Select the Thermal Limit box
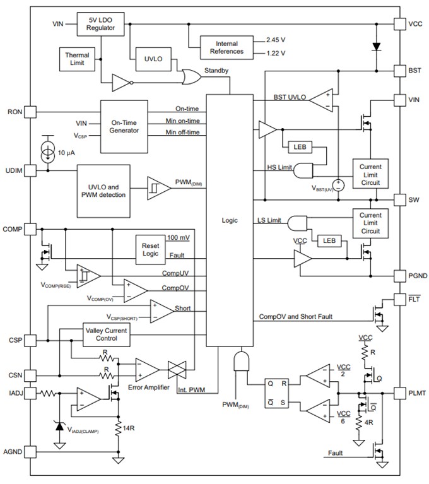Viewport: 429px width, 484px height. [77, 59]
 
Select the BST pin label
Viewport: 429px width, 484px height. [414, 71]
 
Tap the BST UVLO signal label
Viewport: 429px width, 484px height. [290, 97]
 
